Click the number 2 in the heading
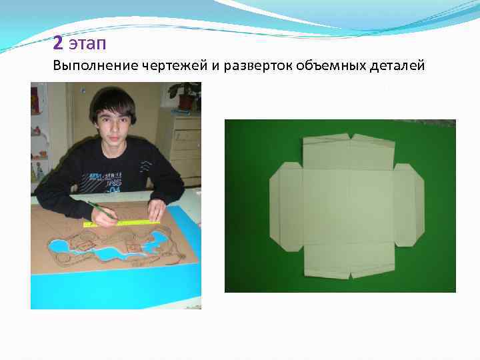click(59, 43)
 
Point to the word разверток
click(251, 67)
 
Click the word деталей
click(395, 66)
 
